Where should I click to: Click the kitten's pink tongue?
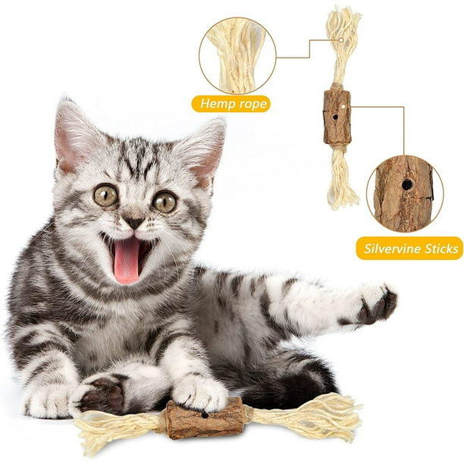pyautogui.click(x=127, y=259)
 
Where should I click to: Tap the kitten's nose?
pyautogui.click(x=133, y=222)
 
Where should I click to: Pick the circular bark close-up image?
pyautogui.click(x=404, y=193)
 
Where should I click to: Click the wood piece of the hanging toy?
pyautogui.click(x=337, y=118)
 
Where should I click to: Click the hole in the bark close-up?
pyautogui.click(x=407, y=184)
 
